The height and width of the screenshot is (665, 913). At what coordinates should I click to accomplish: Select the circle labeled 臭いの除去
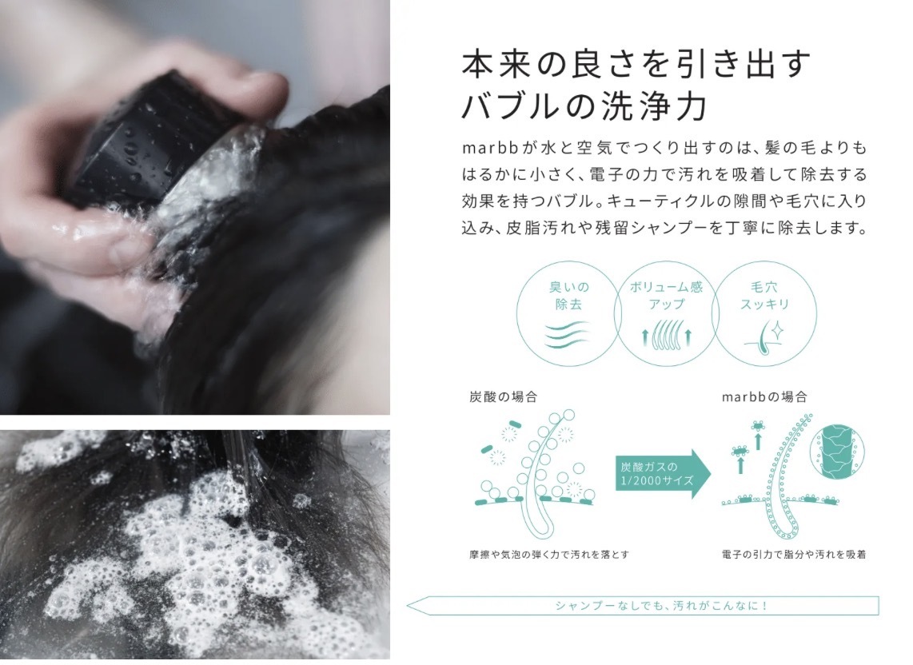click(568, 313)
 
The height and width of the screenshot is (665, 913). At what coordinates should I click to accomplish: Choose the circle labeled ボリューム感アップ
click(664, 313)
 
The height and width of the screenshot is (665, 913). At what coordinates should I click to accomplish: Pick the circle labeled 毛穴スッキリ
click(760, 313)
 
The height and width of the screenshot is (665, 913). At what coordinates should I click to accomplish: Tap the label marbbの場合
click(764, 396)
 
